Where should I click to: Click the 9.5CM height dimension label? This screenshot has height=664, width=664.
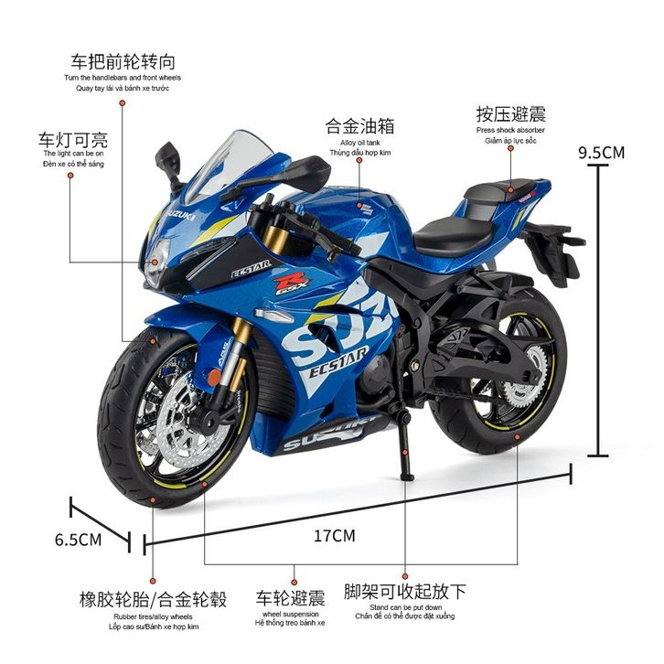coord(601,152)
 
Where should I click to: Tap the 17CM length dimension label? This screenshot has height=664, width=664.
coord(334,536)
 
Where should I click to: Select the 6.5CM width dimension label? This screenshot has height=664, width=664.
coord(78,539)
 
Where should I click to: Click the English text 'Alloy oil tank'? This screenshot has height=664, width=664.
coord(359,143)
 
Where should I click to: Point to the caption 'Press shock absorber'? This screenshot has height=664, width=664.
coord(510,130)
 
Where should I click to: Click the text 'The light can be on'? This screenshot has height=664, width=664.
coord(74,154)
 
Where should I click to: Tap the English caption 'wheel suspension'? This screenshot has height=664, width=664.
coord(290,614)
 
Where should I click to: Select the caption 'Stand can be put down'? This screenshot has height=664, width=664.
coord(405,606)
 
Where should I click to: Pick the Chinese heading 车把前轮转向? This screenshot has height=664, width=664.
coord(123,62)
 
